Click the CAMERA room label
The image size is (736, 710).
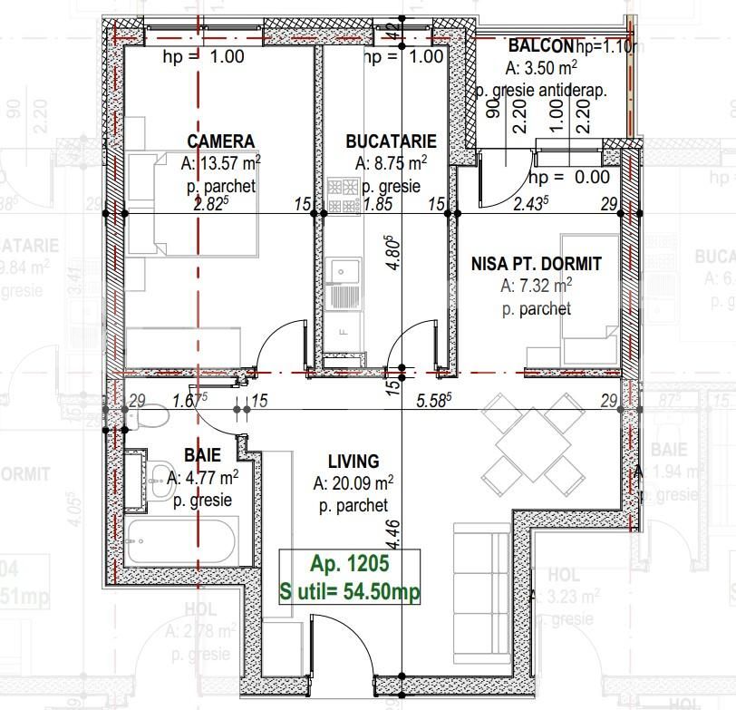(220, 141)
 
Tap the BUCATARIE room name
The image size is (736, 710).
(391, 141)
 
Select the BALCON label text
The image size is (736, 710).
(540, 46)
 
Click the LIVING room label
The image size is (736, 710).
(353, 461)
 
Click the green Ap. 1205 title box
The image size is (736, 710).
(349, 578)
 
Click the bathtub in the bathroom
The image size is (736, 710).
(182, 541)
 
